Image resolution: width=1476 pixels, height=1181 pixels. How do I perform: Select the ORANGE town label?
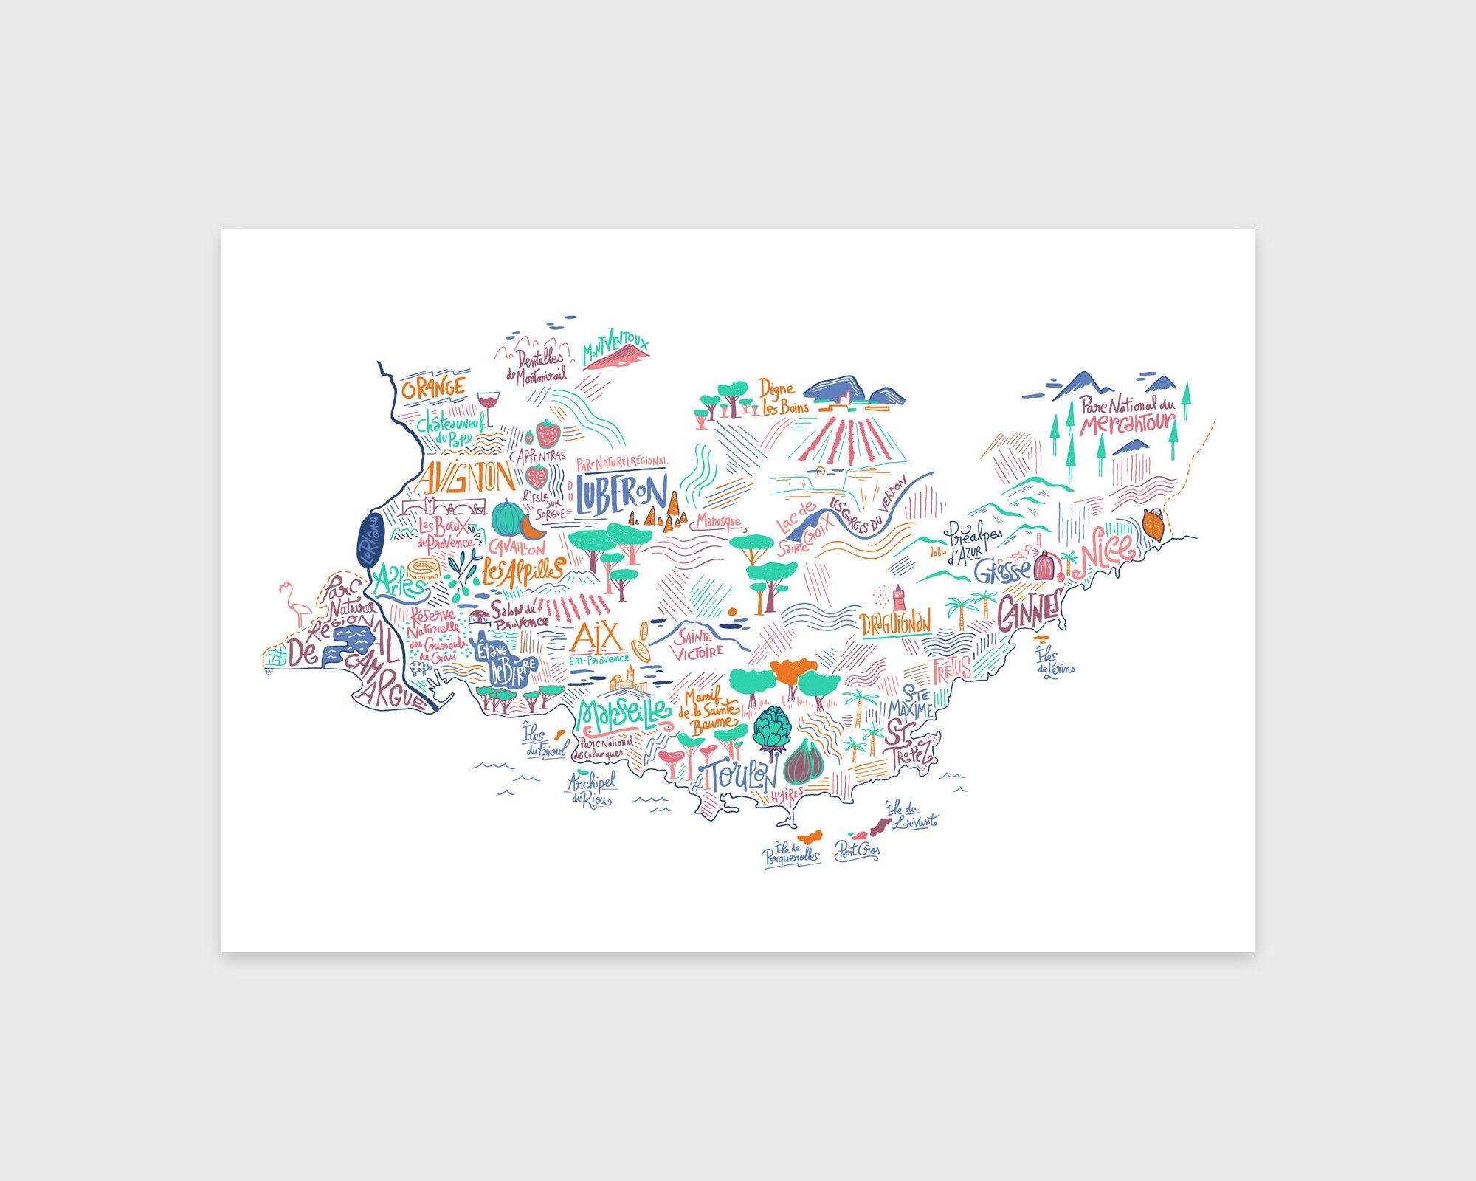[433, 388]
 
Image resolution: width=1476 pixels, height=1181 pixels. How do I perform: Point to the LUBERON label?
[621, 493]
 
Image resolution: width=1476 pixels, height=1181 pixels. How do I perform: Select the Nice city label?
[1106, 550]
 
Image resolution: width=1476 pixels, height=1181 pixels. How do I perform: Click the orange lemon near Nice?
[1153, 523]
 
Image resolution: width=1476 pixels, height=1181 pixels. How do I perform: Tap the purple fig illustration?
[802, 762]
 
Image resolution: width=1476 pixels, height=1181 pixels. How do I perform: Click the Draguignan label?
[896, 624]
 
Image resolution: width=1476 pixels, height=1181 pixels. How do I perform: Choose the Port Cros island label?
[857, 851]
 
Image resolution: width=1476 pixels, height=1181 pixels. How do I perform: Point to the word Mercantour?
[1127, 424]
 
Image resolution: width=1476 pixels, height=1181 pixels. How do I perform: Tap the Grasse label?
[1001, 571]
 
